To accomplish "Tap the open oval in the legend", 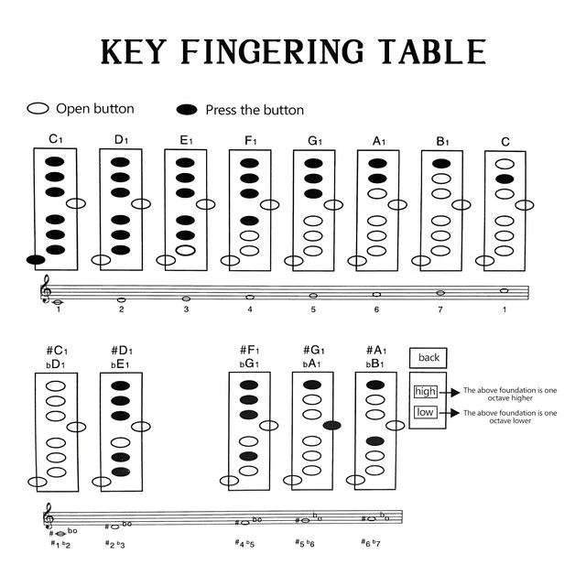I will [38, 108].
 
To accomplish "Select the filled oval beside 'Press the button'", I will [187, 110].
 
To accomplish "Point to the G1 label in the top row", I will [315, 140].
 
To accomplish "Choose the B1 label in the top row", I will [442, 140].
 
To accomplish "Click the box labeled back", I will [429, 358].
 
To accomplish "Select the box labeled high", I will [425, 391].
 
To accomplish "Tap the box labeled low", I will [425, 413].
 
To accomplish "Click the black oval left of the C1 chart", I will [36, 260].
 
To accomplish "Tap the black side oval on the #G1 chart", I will [332, 425].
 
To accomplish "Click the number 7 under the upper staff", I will [439, 309].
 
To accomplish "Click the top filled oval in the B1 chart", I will [441, 164].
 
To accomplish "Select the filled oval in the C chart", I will [505, 179].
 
